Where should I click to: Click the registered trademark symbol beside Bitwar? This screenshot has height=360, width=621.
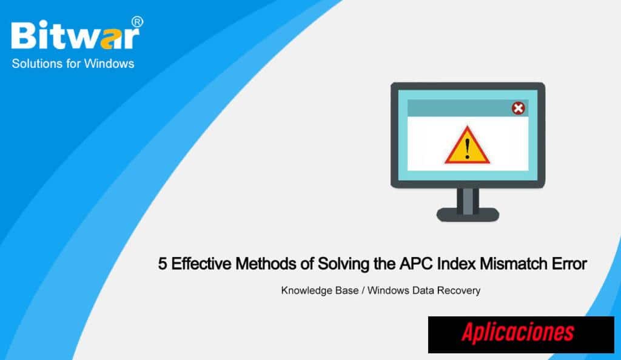(x=137, y=22)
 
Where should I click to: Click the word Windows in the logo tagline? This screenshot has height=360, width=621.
(x=109, y=64)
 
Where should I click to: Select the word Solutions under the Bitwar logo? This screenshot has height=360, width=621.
(x=37, y=64)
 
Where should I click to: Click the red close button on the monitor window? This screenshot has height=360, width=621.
(x=519, y=108)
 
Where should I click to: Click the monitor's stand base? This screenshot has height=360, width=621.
(x=468, y=215)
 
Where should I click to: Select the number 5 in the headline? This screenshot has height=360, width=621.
(x=162, y=264)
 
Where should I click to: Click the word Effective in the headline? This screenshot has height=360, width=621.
(x=201, y=264)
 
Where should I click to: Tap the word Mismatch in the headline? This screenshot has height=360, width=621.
(x=514, y=264)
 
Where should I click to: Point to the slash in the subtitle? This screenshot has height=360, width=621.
(x=363, y=291)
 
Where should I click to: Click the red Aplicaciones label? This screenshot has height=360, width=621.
(x=518, y=333)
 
